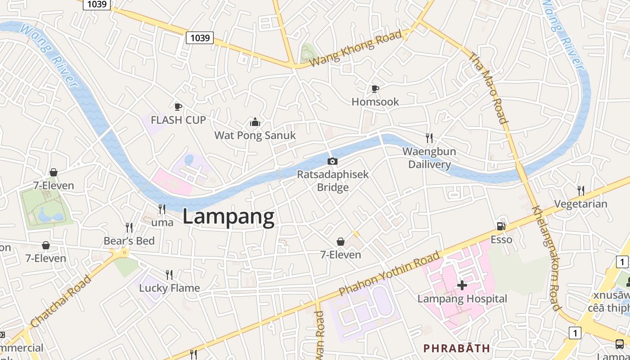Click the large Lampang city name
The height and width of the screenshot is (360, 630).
click(x=228, y=217)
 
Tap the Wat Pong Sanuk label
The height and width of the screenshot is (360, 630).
click(x=255, y=135)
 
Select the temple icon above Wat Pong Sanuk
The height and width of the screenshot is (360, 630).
click(x=255, y=122)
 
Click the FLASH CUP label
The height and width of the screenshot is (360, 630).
click(x=178, y=120)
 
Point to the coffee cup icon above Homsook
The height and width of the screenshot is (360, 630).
click(x=375, y=89)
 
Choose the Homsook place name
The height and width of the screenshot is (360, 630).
click(x=375, y=102)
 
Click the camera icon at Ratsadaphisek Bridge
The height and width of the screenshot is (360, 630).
click(x=332, y=162)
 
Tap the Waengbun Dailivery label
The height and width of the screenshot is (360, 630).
click(x=429, y=158)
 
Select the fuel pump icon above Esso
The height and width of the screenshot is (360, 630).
click(x=501, y=226)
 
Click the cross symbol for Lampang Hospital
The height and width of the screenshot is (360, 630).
click(x=462, y=285)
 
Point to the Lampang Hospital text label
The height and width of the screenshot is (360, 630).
click(x=462, y=299)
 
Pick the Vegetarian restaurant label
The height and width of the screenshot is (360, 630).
click(x=580, y=204)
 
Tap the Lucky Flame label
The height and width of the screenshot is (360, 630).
click(x=169, y=288)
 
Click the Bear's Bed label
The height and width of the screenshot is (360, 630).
click(x=129, y=241)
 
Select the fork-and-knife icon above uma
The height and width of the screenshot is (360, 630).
click(x=162, y=209)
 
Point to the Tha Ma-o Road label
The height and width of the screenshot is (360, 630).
click(x=489, y=88)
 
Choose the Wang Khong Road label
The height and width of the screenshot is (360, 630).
click(x=355, y=49)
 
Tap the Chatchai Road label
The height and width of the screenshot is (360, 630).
click(x=61, y=301)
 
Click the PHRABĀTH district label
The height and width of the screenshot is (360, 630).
click(x=456, y=348)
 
